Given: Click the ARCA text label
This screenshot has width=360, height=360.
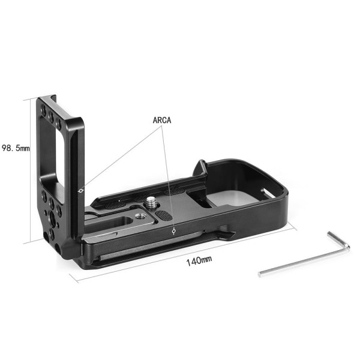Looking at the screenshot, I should point(162,120).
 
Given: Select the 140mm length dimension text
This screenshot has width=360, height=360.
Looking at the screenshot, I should point(199,260).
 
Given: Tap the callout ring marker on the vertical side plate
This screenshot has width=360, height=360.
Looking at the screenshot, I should point(81,190).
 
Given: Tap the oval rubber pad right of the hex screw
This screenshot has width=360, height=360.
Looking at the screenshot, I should point(163,214).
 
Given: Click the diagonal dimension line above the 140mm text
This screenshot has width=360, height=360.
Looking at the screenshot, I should point(180,254).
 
